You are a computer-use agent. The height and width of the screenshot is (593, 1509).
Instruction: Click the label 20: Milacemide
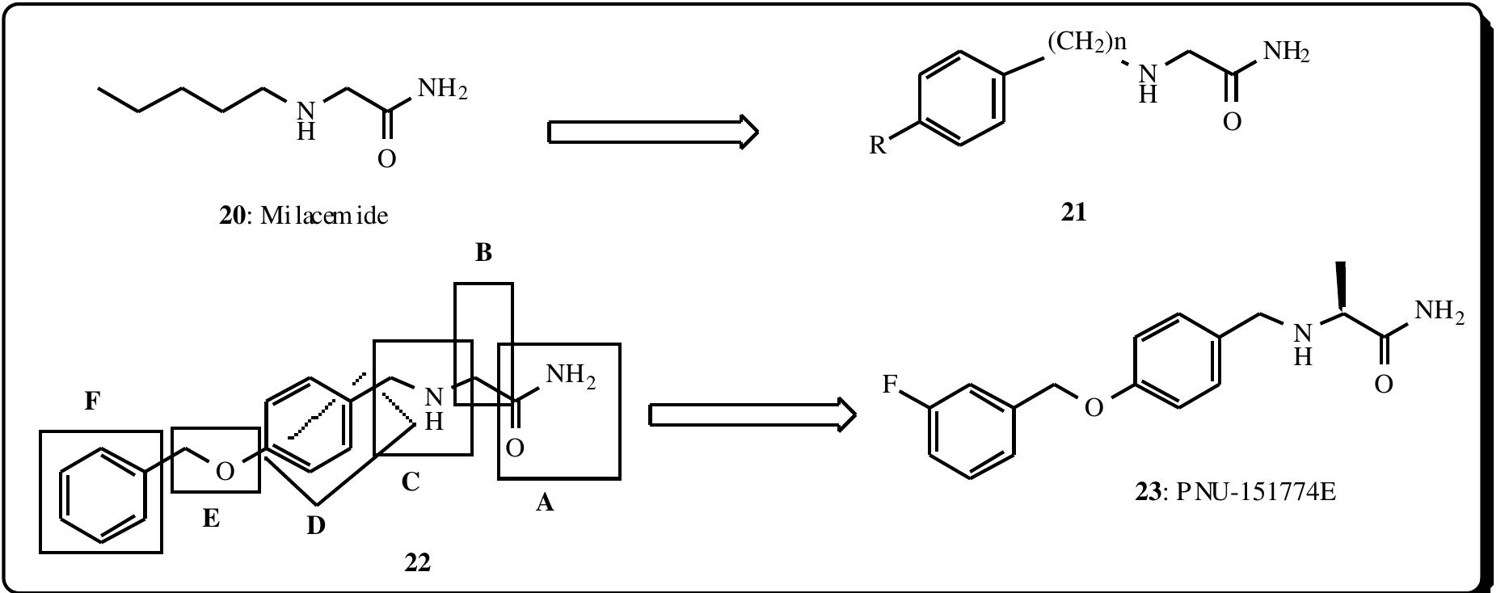tap(303, 217)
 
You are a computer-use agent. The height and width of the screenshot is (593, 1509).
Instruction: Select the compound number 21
tap(1074, 213)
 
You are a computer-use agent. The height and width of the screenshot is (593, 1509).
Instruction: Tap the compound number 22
tap(417, 562)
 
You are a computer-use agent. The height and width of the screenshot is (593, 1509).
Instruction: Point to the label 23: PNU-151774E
tap(1236, 491)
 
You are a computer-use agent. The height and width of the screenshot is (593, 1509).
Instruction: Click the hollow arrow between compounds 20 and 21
tap(653, 131)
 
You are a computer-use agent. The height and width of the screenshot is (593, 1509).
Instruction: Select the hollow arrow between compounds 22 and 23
tap(752, 415)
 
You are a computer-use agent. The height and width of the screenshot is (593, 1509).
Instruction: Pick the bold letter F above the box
tap(92, 401)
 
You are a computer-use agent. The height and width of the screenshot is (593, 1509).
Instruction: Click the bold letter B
tap(483, 253)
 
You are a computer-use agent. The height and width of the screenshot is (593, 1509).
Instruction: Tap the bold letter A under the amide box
tap(545, 503)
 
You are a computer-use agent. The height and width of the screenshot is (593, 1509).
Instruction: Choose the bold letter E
tap(211, 518)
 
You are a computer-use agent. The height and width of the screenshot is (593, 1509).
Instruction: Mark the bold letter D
tap(316, 526)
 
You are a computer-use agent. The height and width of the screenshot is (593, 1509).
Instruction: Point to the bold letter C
tap(411, 483)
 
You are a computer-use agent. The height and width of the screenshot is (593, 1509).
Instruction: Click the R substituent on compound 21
tap(879, 146)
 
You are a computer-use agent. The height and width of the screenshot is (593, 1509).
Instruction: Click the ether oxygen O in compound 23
tap(1093, 407)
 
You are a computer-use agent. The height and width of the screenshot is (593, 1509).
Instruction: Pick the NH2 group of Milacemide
tap(441, 89)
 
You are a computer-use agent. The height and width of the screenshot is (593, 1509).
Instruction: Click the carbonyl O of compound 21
tap(1232, 122)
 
